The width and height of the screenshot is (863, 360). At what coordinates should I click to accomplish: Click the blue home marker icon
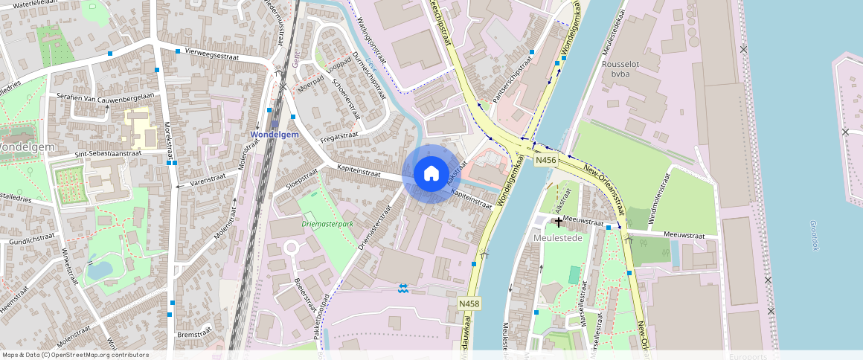click(431, 174)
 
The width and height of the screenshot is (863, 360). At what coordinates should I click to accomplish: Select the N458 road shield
click(469, 303)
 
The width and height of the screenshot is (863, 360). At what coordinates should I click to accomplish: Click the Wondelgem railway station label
click(275, 135)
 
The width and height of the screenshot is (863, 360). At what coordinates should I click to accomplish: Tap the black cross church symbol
click(558, 222)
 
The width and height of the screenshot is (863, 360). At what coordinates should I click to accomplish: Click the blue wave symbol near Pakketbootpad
click(403, 288)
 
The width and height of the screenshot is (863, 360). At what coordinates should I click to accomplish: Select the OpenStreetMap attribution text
click(75, 355)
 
